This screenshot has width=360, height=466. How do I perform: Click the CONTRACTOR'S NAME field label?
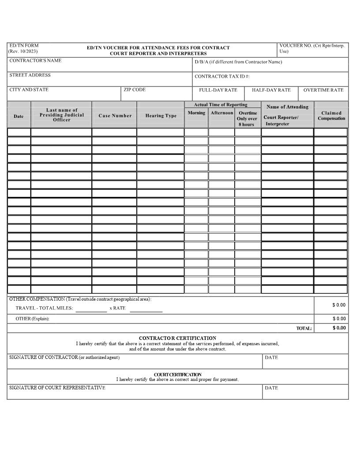pyautogui.click(x=35, y=60)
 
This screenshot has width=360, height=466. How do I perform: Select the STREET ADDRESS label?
pyautogui.click(x=30, y=75)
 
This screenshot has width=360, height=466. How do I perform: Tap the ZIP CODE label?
pyautogui.click(x=135, y=90)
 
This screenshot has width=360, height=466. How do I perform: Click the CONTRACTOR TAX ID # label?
pyautogui.click(x=222, y=76)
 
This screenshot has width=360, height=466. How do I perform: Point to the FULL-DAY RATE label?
pyautogui.click(x=218, y=90)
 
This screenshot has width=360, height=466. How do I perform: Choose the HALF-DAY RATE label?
pyautogui.click(x=271, y=90)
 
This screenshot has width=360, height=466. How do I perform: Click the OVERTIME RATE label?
pyautogui.click(x=323, y=90)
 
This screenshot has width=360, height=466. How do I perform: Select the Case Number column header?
pyautogui.click(x=115, y=116)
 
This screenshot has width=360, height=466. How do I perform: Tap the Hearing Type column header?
pyautogui.click(x=161, y=116)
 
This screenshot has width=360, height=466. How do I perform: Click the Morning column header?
pyautogui.click(x=196, y=113)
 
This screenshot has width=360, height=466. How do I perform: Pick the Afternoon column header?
pyautogui.click(x=221, y=113)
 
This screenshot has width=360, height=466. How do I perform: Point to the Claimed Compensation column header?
pyautogui.click(x=331, y=116)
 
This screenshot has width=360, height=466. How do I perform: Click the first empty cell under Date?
pyautogui.click(x=19, y=132)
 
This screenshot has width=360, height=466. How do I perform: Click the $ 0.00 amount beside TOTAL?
pyautogui.click(x=339, y=328)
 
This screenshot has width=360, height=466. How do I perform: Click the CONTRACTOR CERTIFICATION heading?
pyautogui.click(x=177, y=338)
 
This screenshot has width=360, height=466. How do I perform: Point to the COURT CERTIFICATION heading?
pyautogui.click(x=177, y=374)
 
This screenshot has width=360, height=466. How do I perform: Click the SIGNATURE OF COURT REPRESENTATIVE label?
pyautogui.click(x=57, y=388)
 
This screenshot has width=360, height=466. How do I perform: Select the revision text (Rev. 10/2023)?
pyautogui.click(x=23, y=51)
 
